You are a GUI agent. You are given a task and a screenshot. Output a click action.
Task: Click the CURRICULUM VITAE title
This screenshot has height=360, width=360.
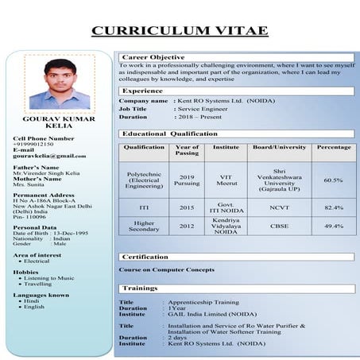coord(180,31)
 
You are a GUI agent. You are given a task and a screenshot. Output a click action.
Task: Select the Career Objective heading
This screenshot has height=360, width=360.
coord(154,57)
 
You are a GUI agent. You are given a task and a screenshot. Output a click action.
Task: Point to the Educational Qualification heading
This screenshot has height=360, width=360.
coord(169,134)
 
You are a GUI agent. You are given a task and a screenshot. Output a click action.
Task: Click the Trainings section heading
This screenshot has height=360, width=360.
coord(140,288)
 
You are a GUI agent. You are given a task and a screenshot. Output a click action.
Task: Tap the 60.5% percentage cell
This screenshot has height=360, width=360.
coord(333,180)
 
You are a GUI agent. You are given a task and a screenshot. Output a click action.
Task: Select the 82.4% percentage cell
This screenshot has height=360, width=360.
coord(333,207)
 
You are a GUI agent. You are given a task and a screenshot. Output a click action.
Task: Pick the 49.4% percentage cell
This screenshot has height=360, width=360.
coord(333,226)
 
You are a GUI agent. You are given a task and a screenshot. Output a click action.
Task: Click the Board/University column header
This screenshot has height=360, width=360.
coord(279,147)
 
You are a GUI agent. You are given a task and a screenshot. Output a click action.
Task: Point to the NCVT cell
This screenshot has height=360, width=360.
coord(279,207)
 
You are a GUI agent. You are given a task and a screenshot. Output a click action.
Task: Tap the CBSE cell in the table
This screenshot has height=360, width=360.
coord(279,226)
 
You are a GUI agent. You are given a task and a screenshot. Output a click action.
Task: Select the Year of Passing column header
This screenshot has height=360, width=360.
coord(187,150)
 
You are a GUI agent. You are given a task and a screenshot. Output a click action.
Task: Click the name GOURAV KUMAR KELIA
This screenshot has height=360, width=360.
coord(53,123)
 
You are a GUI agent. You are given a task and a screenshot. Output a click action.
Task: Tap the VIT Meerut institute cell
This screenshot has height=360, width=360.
coord(226,180)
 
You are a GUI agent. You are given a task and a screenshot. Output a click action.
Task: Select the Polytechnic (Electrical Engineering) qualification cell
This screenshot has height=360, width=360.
coord(144,180)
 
